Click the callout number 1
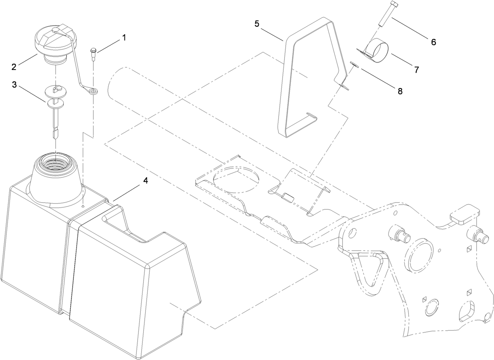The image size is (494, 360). (124, 38)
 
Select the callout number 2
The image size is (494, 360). (14, 67)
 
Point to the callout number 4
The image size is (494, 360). (145, 181)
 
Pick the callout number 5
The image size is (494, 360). (257, 24)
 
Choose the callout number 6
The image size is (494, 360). (433, 42)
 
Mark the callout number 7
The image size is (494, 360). (416, 70)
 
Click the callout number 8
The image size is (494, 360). (400, 91)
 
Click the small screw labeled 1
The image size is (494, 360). (93, 53)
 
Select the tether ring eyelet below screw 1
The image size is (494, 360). (93, 92)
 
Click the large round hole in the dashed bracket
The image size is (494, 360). (236, 180)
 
